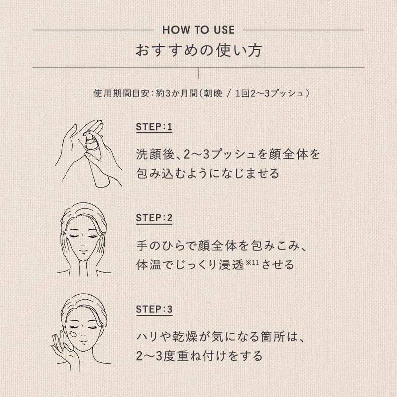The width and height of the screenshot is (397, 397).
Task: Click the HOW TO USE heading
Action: pyautogui.click(x=198, y=30)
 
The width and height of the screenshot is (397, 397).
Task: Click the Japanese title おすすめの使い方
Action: pyautogui.click(x=199, y=50)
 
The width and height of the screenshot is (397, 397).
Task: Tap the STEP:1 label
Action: pyautogui.click(x=154, y=127)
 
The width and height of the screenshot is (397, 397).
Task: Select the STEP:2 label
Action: pyautogui.click(x=154, y=218)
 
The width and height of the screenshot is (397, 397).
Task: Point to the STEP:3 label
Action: pyautogui.click(x=154, y=309)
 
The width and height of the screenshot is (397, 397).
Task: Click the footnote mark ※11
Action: pyautogui.click(x=252, y=262)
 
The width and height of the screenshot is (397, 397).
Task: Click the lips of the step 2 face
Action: pyautogui.click(x=83, y=251)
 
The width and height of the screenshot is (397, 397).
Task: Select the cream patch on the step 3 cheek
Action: pyautogui.click(x=73, y=333)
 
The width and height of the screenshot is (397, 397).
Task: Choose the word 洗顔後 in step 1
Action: pyautogui.click(x=156, y=154)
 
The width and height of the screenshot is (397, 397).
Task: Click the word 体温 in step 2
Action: pyautogui.click(x=149, y=265)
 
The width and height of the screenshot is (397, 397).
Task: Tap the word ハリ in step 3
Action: pyautogui.click(x=149, y=337)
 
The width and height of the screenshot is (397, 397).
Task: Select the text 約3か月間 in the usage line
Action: pyautogui.click(x=177, y=93)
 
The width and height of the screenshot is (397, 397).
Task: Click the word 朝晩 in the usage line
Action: pyautogui.click(x=213, y=93)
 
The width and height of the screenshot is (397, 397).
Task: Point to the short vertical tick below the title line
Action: pyautogui.click(x=198, y=73)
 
